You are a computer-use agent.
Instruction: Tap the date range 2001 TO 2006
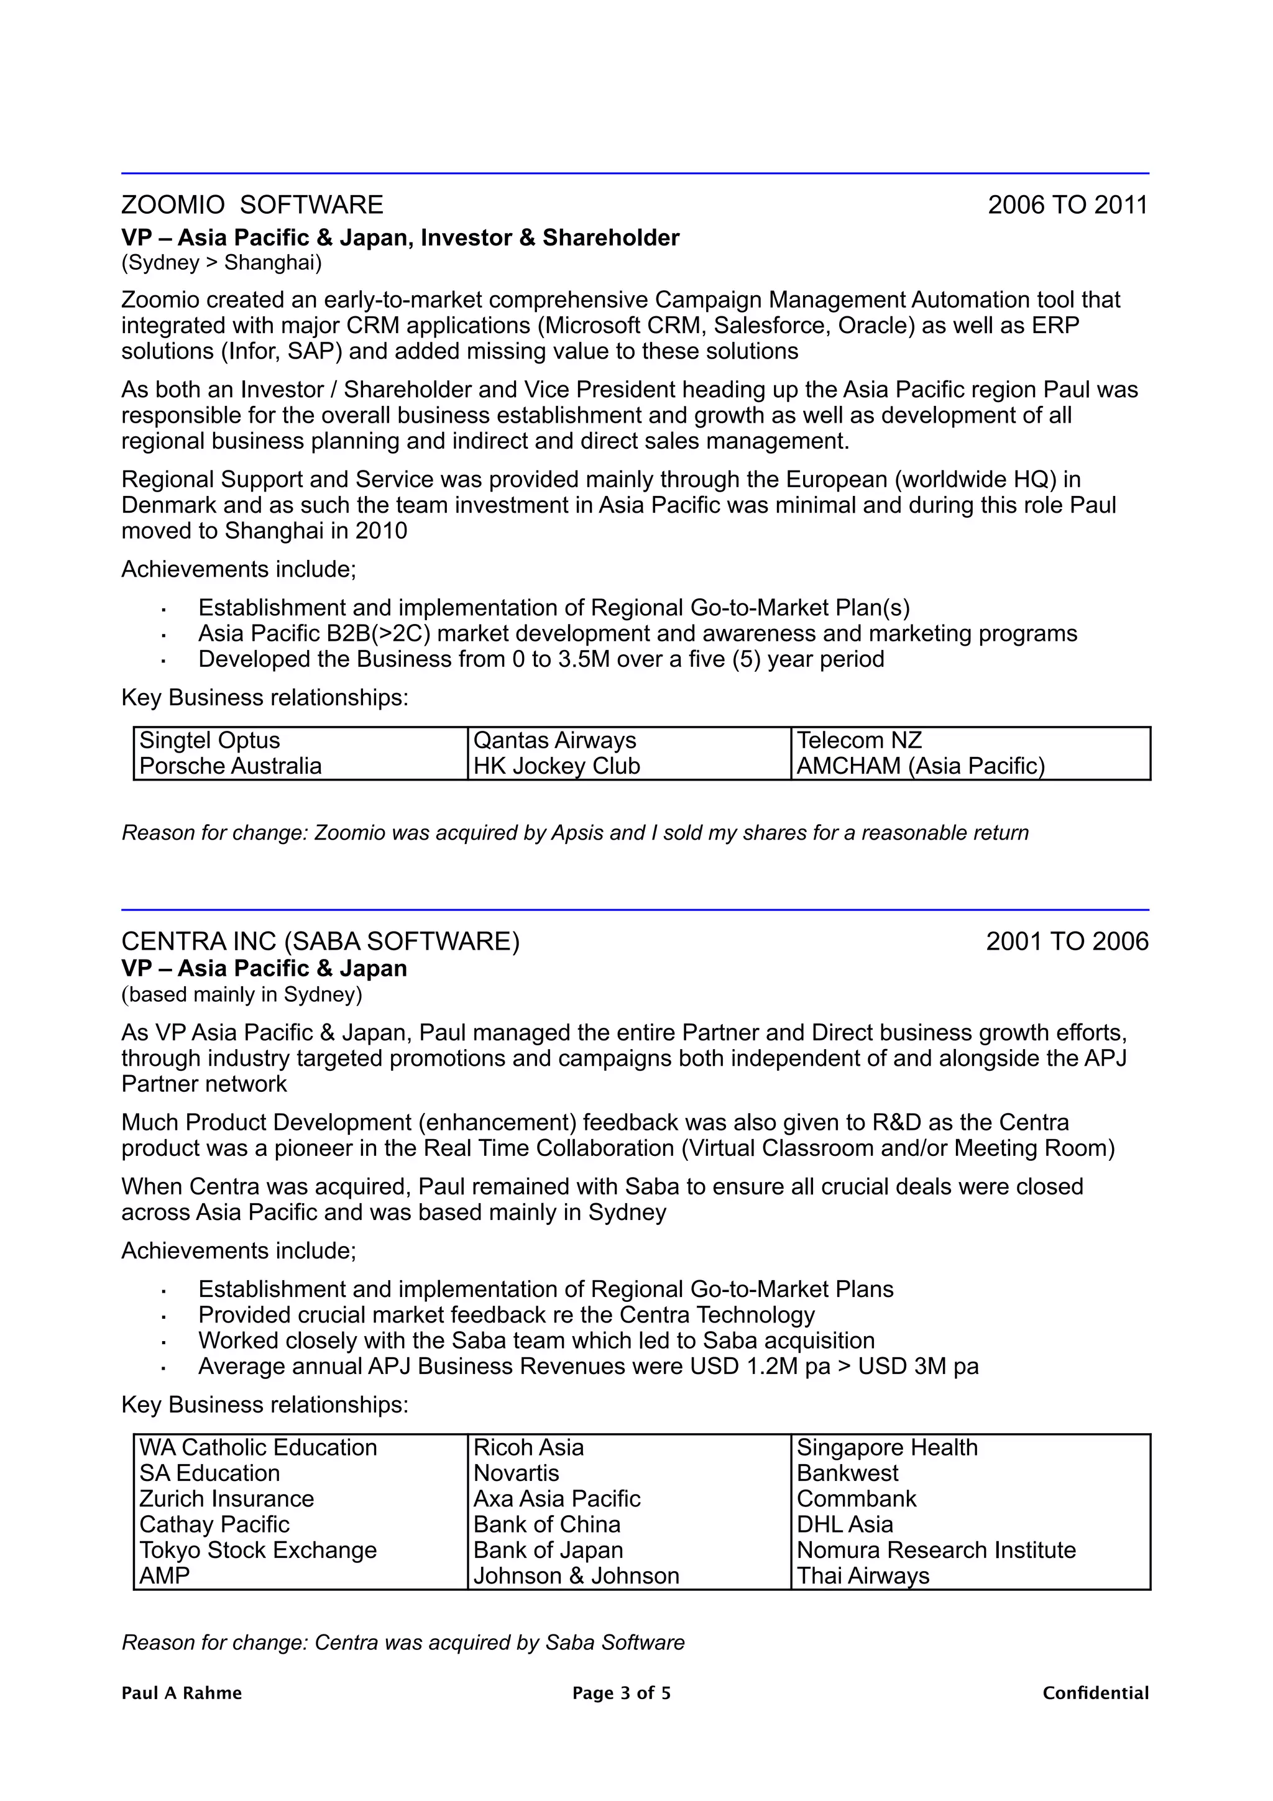coord(1067,942)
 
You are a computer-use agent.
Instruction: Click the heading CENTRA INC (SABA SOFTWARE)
coord(320,942)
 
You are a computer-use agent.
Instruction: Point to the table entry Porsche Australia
coord(231,766)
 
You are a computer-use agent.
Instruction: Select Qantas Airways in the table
coord(554,741)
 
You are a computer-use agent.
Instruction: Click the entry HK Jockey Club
coord(557,766)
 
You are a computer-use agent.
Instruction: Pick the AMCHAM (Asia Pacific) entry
coord(921,766)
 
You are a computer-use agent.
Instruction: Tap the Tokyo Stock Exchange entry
coord(258,1550)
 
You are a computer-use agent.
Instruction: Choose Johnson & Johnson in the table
coord(576,1576)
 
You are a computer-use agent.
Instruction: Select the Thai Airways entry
coord(863,1576)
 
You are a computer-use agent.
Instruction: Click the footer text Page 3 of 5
coord(621,1693)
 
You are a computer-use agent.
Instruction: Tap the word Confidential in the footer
coord(1095,1693)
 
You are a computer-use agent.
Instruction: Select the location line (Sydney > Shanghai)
coord(221,262)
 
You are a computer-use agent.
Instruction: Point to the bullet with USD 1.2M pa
coord(588,1367)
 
